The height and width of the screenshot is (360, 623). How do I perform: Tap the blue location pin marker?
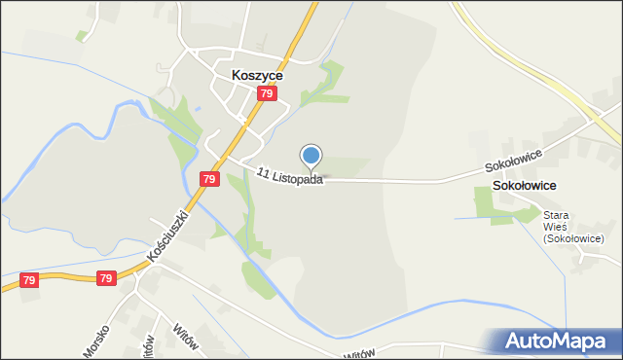(311, 157)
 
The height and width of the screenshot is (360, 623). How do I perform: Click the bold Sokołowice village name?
(525, 185)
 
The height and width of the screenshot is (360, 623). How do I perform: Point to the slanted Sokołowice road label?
(516, 156)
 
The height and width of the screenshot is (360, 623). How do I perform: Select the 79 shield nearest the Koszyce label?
(268, 94)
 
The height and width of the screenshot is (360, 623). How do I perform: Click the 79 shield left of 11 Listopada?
(209, 179)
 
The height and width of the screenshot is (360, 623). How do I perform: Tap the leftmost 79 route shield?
(29, 280)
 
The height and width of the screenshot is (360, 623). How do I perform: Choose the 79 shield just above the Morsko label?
(107, 279)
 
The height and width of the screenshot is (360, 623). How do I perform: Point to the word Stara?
(556, 215)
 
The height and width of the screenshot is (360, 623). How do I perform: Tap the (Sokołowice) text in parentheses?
(574, 238)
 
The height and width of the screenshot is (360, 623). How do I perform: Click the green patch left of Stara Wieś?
(492, 204)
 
